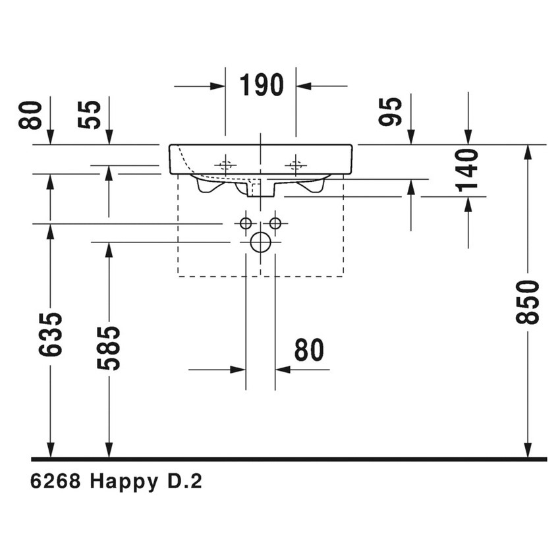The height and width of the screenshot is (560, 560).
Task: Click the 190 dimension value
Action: pos(261,86)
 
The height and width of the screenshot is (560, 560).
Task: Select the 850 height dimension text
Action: pos(528,301)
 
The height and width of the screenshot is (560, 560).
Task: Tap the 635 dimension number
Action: pos(51,334)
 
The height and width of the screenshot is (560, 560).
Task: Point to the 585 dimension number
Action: pos(109,347)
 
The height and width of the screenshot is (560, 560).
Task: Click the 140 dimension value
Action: pos(468,170)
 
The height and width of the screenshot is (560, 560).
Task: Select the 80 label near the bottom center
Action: pos(309,350)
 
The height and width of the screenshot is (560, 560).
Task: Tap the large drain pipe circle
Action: pos(261,242)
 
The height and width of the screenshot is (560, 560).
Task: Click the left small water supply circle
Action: pos(246,223)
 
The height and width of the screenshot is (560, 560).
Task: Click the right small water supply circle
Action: pos(275,223)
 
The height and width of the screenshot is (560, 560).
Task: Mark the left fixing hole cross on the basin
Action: pos(225,165)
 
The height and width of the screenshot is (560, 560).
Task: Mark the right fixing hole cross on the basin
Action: pos(296,165)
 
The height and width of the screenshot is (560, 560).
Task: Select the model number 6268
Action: pos(55,482)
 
